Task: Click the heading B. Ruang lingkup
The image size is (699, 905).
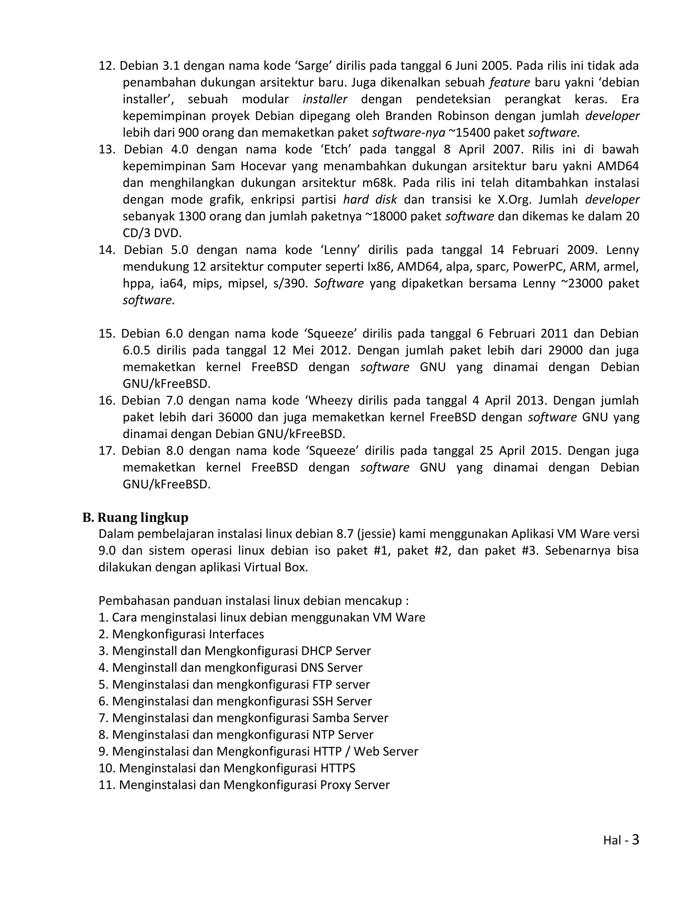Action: pyautogui.click(x=135, y=517)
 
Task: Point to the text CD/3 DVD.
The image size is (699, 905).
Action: pyautogui.click(x=152, y=233)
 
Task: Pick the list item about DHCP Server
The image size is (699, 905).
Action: pyautogui.click(x=234, y=651)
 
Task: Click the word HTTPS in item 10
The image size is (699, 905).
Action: pyautogui.click(x=338, y=768)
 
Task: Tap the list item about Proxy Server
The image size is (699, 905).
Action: pyautogui.click(x=244, y=785)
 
